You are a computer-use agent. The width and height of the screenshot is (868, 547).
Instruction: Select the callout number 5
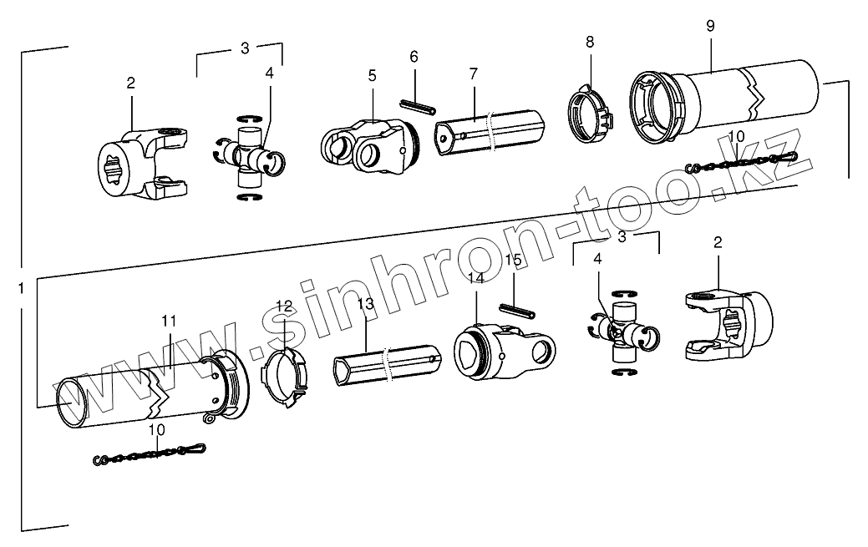coord(372,75)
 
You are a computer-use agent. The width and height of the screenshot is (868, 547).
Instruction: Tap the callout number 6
coord(414,57)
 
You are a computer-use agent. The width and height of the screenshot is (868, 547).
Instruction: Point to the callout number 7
coord(473,73)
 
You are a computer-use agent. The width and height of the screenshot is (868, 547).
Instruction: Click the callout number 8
coord(591,41)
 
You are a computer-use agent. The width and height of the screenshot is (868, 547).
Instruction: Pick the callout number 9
coord(710,26)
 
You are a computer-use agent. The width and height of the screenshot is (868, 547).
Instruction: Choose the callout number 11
coord(170,320)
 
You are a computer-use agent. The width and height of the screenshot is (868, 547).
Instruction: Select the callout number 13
coord(365,304)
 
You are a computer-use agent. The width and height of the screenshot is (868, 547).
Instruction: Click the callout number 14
coord(476,278)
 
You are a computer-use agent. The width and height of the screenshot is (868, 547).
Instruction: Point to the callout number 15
coord(514,260)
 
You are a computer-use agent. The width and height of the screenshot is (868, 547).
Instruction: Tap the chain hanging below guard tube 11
coord(150,454)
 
